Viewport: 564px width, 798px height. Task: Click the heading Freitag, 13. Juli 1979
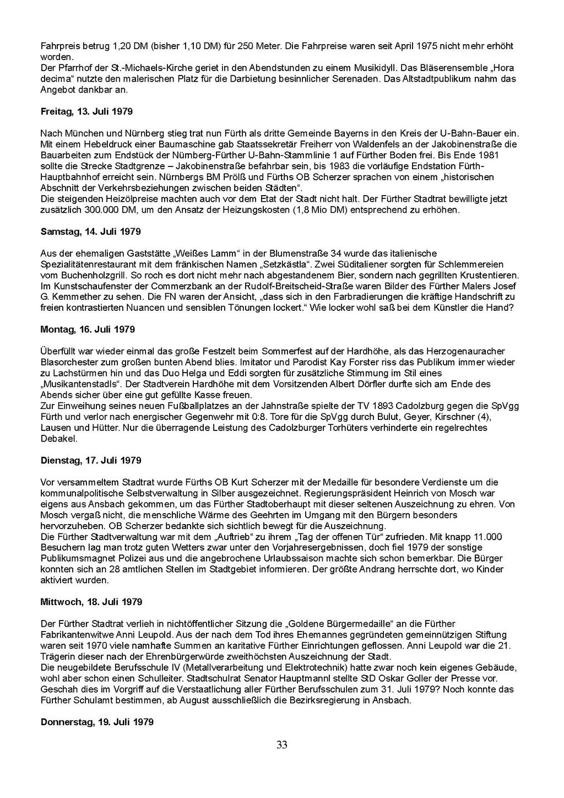point(86,111)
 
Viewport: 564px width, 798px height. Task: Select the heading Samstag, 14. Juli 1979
point(90,231)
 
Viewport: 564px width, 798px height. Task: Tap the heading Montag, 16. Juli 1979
point(88,330)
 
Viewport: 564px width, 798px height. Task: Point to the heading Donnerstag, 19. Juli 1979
point(97,722)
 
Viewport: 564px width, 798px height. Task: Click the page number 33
point(282,746)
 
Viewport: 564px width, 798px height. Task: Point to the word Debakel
point(58,439)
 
